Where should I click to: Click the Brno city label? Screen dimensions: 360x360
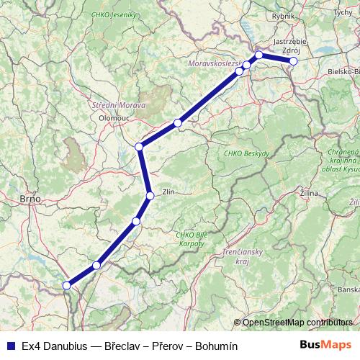point(30,198)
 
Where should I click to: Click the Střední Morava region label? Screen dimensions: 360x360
point(119,105)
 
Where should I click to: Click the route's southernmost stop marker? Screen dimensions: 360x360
point(67,285)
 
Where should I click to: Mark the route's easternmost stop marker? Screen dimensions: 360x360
point(293,61)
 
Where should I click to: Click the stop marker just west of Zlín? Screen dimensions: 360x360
point(150,196)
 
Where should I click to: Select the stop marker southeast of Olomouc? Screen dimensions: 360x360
point(140,147)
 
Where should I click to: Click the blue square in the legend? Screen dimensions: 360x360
point(11,346)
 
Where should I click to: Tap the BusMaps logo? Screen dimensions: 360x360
point(326,345)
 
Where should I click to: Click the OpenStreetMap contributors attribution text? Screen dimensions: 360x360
point(297,322)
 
